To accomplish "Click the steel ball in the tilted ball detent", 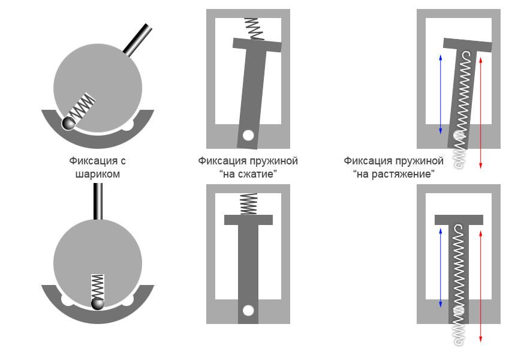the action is [x=69, y=123].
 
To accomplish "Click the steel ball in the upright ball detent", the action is [x=98, y=304].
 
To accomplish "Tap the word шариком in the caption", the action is [x=98, y=175].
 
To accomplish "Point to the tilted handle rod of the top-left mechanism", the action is [x=137, y=40].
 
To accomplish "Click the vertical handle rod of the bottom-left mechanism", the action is [x=98, y=202].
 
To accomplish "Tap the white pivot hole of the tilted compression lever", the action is [x=248, y=136].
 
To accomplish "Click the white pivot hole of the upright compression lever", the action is [x=248, y=310].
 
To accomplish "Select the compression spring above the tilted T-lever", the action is [x=254, y=29].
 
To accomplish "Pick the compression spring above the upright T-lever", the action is [x=249, y=204].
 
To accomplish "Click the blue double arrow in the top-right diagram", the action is [x=441, y=95].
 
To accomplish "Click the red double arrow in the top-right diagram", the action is [x=481, y=113].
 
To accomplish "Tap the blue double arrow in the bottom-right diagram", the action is [x=441, y=268].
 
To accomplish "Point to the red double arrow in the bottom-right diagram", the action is [x=481, y=286].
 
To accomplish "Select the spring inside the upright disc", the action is [x=98, y=287].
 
